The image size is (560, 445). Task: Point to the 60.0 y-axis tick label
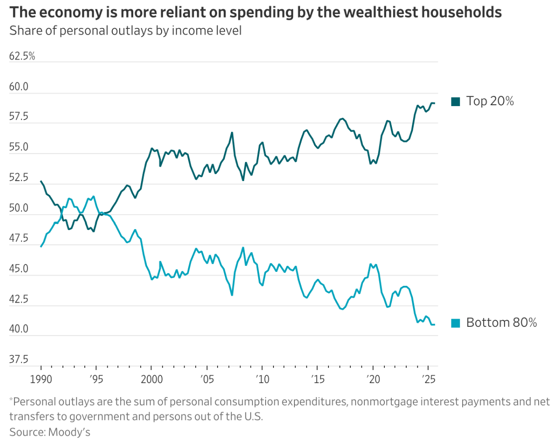click(x=19, y=87)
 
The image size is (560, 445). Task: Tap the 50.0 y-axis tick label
click(x=19, y=209)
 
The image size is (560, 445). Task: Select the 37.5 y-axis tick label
click(x=19, y=360)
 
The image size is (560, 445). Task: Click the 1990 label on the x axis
click(x=41, y=378)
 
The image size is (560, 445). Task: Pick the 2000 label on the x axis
click(x=151, y=378)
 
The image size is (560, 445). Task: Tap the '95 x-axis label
click(x=96, y=378)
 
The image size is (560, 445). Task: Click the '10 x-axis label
click(x=262, y=378)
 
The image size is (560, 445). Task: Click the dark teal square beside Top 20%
click(x=456, y=101)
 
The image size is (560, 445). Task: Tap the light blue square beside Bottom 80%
click(x=456, y=323)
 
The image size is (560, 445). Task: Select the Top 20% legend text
click(x=490, y=101)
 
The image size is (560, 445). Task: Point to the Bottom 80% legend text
click(x=501, y=323)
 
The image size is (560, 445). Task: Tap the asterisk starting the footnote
click(x=11, y=399)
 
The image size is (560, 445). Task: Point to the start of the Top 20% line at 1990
click(x=41, y=181)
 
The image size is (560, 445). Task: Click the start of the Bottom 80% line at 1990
click(x=41, y=246)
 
